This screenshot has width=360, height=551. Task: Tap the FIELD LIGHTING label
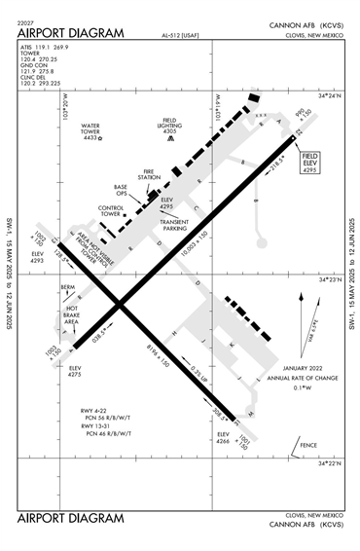point(171,123)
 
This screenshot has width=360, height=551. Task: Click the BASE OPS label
point(121,190)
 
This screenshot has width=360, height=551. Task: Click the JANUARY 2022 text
point(293,368)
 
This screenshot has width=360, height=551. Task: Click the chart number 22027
point(27,23)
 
